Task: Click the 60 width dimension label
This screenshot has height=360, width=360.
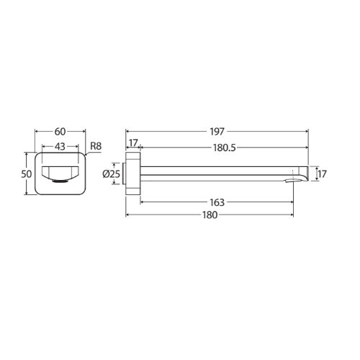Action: [x=60, y=132]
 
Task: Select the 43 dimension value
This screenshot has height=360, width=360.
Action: [x=60, y=147]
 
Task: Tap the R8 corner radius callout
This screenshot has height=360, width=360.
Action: [x=96, y=146]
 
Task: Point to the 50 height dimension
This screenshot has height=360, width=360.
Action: [x=27, y=174]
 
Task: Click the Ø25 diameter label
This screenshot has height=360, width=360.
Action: [x=111, y=174]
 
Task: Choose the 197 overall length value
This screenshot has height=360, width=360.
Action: [x=217, y=132]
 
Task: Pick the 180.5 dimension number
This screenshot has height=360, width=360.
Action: [x=225, y=148]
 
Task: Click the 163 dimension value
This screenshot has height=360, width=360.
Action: [x=217, y=202]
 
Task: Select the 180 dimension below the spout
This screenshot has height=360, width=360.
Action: [x=210, y=215]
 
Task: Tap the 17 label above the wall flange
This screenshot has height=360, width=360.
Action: [x=133, y=143]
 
